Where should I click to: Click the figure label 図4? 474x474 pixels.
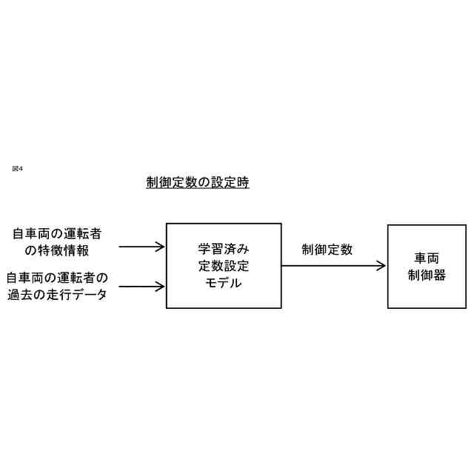18,169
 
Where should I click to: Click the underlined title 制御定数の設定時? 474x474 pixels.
198,183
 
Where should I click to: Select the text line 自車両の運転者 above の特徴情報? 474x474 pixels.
57,234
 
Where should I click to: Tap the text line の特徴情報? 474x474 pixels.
57,251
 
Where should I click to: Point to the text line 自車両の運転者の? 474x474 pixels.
57,278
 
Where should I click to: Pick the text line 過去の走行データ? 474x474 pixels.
57,295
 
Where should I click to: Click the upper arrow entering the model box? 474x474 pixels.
141,247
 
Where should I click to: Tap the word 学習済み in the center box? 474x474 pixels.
224,249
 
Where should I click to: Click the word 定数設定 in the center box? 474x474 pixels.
224,266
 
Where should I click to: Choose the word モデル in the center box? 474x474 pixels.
224,283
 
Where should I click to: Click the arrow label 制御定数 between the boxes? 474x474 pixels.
327,250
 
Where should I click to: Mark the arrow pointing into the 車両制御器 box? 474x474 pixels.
333,266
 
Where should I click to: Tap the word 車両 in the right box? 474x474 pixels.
427,258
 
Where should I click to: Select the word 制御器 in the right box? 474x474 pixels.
427,276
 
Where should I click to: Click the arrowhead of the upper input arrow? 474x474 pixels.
160,247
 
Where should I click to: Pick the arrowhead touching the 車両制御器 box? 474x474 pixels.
381,266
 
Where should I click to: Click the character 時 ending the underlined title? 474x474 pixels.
243,183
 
